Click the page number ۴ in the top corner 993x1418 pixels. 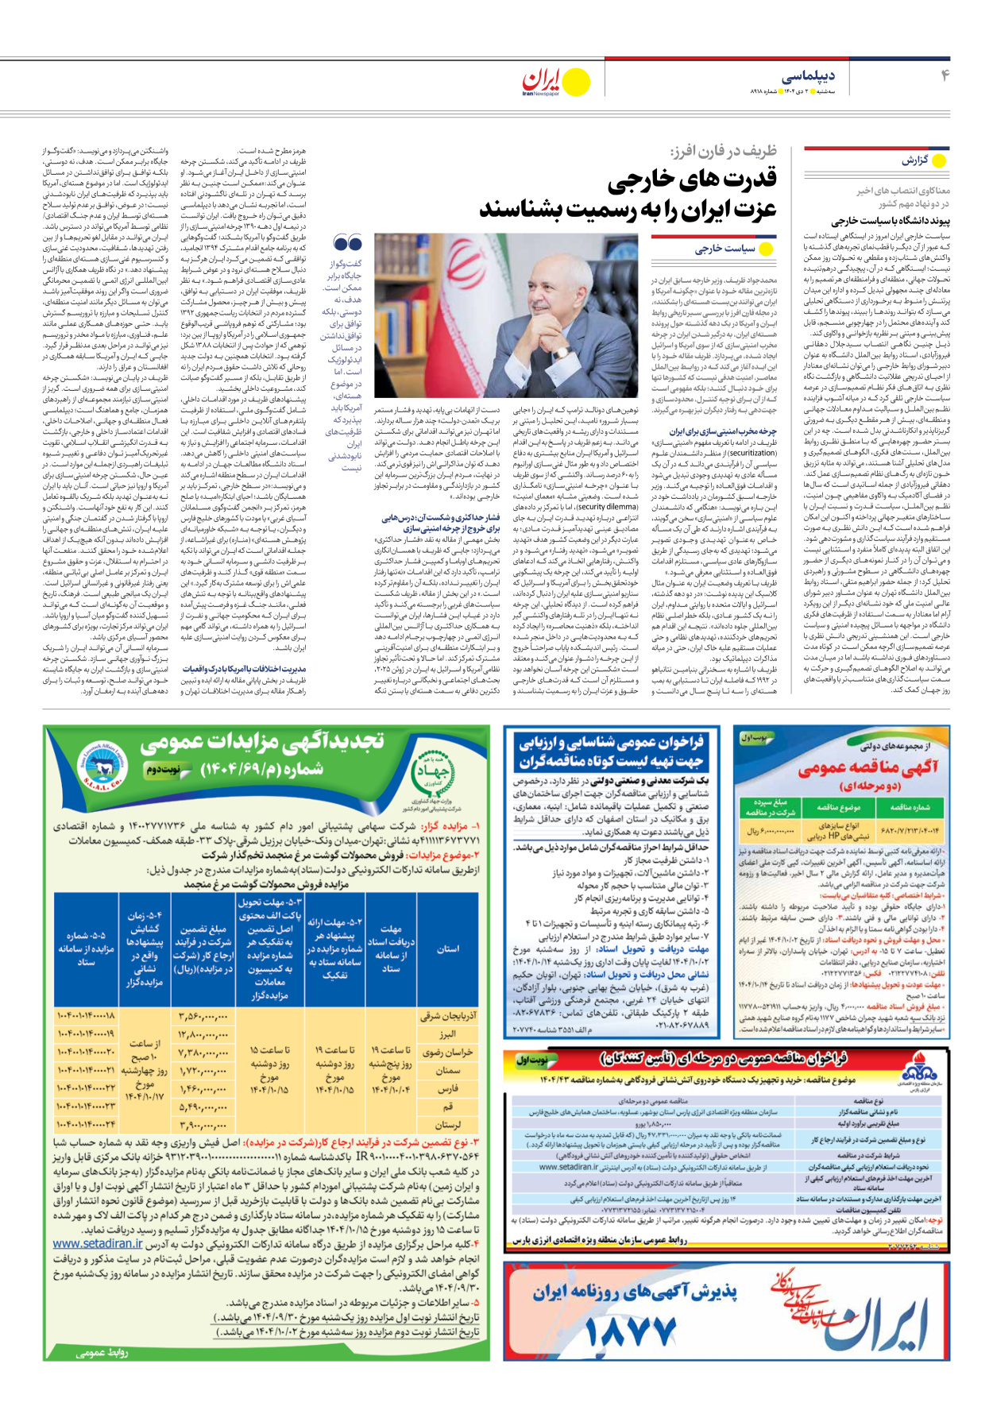click(945, 75)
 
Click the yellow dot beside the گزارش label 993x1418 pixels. click(938, 160)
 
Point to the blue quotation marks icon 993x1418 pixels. click(348, 244)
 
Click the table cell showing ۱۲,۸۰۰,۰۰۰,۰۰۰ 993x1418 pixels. click(203, 1034)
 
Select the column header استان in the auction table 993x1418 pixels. click(447, 949)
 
